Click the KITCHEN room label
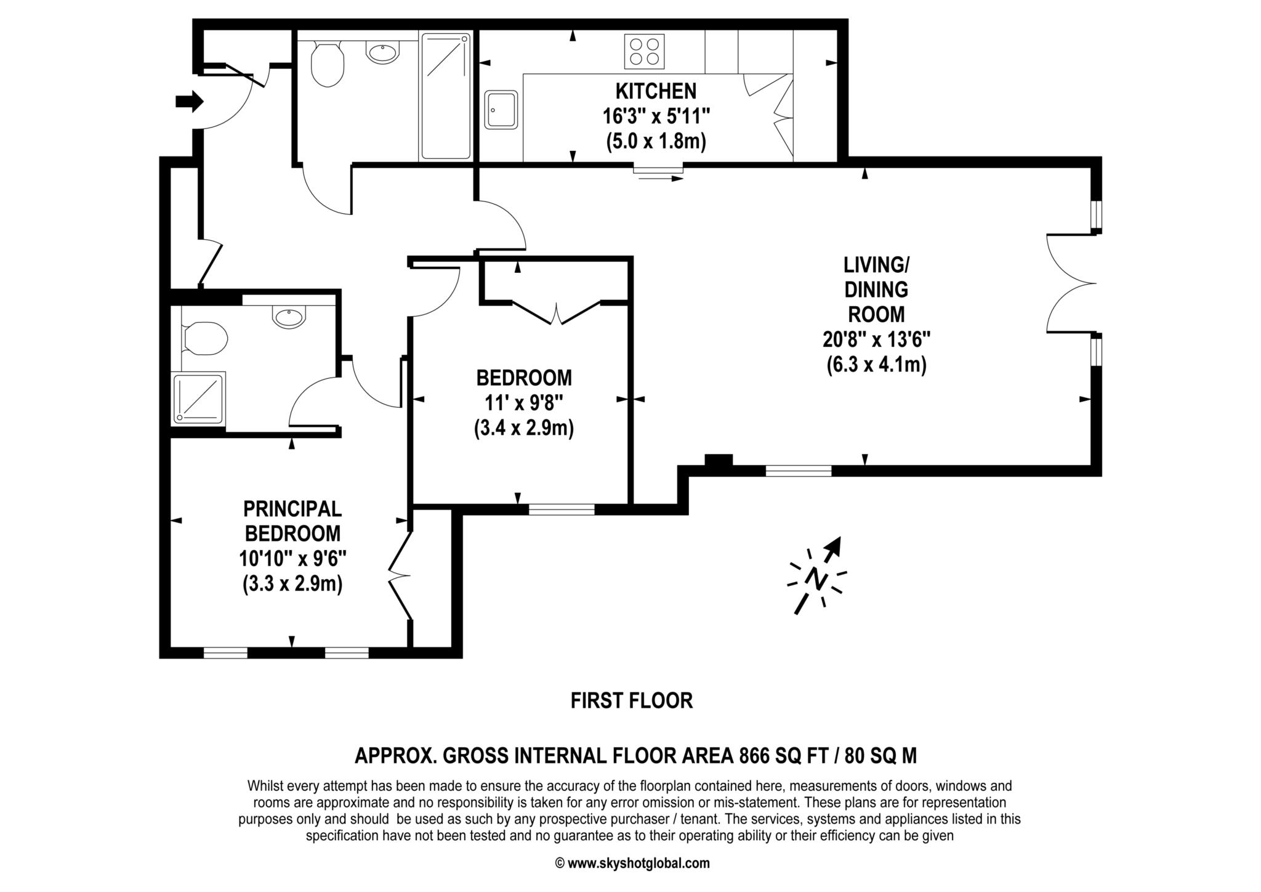pos(656,91)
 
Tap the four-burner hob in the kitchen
pos(645,51)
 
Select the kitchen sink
pos(501,110)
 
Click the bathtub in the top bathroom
pos(446,96)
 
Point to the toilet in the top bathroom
pos(327,65)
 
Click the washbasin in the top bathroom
pos(383,52)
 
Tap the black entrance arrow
pos(189,100)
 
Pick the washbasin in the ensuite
pos(288,318)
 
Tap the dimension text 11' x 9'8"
pos(523,403)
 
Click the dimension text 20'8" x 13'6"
pos(876,339)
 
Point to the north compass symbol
pos(816,576)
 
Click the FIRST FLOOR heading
pos(631,700)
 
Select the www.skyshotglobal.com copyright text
pos(632,863)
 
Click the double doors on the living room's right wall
pos(1071,283)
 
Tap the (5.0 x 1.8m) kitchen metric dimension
pos(656,142)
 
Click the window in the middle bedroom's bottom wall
pos(562,509)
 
